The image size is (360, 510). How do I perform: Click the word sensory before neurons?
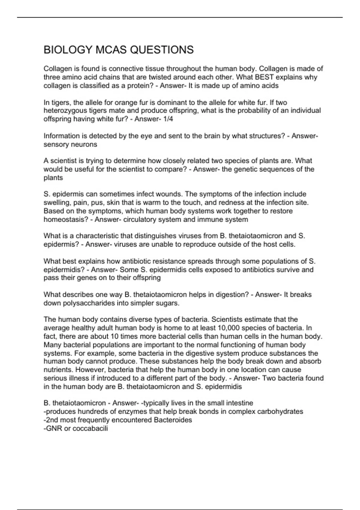point(56,144)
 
